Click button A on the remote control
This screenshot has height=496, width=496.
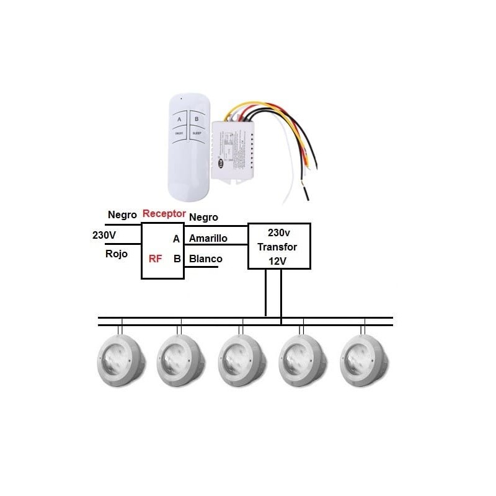coord(179,118)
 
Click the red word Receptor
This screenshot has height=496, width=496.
coord(164,213)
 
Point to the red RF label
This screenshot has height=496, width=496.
coord(156,259)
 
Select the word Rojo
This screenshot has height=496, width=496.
coord(117,254)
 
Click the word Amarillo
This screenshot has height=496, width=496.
coord(208,238)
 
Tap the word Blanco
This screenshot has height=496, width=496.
coord(205,259)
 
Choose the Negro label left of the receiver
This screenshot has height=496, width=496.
coord(122,215)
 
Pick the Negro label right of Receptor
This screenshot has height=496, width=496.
coord(203,217)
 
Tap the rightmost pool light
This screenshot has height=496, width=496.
coord(364,358)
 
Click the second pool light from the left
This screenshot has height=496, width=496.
coord(181,358)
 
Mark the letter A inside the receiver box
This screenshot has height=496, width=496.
coord(177,239)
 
